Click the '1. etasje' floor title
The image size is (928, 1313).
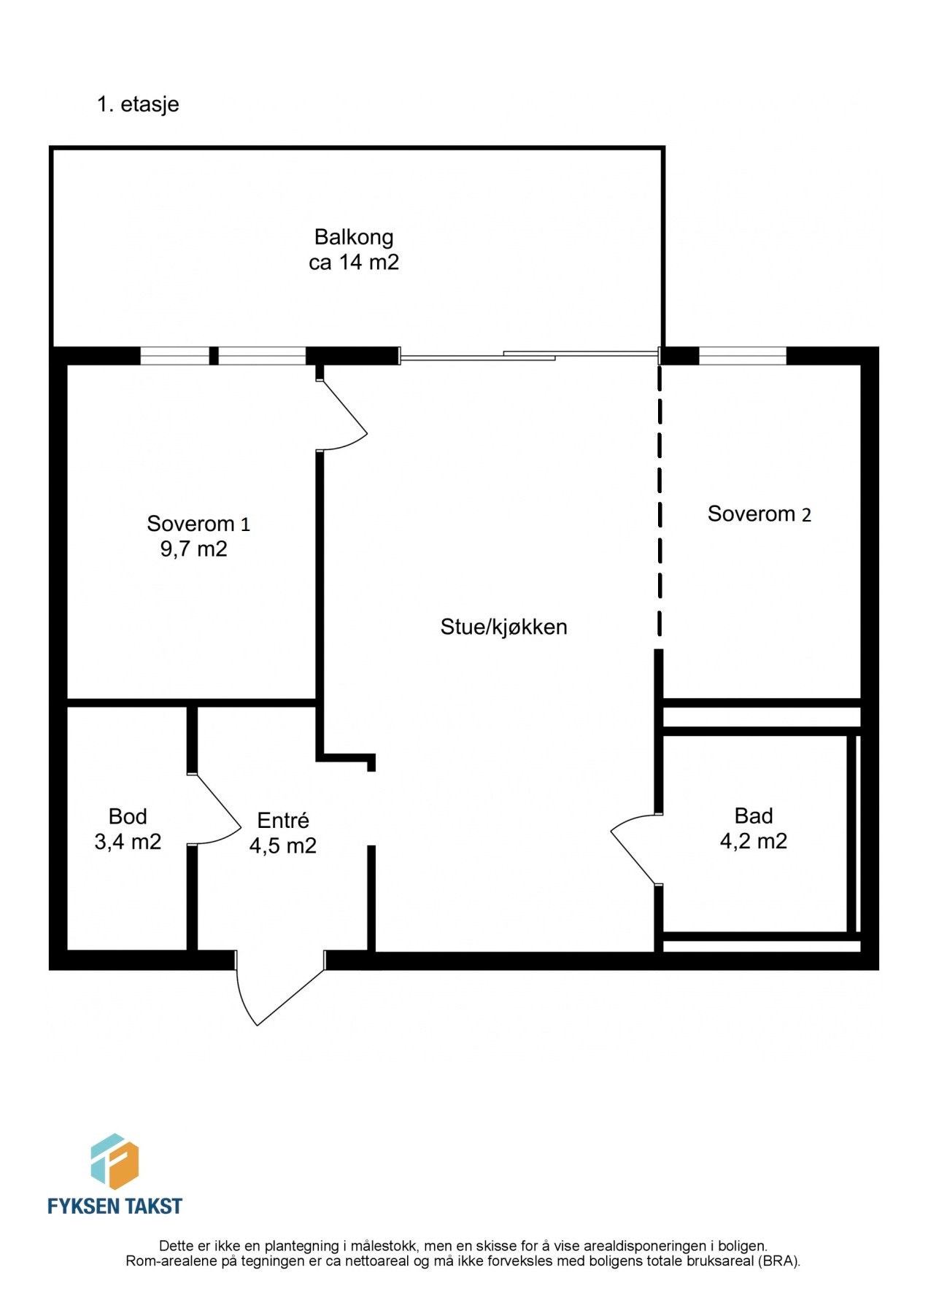coord(138,104)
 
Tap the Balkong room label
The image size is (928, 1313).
coord(354,237)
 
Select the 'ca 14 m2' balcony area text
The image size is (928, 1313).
coord(354,263)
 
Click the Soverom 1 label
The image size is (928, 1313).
coord(198,524)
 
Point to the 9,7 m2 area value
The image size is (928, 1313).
coord(193,549)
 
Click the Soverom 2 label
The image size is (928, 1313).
coord(759,514)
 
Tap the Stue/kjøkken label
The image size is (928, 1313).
coord(503,627)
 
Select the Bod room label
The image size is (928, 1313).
coord(128,816)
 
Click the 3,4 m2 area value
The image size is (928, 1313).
coord(128,842)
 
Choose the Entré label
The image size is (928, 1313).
coord(283,821)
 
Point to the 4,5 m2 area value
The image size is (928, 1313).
coord(283,846)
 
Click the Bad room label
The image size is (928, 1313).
coord(754,816)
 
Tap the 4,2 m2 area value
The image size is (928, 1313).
coord(754,841)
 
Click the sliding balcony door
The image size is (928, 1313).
coord(529,355)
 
